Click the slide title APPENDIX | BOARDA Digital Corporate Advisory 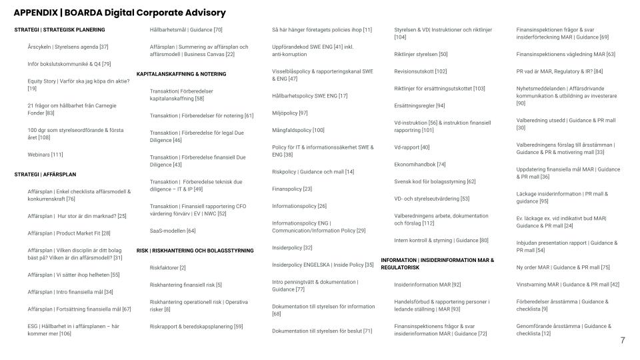(x=119, y=13)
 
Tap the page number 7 (x=623, y=341)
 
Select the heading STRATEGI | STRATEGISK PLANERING (x=59, y=30)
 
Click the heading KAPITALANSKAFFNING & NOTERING (x=181, y=74)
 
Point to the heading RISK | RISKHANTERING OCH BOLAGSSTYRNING (x=195, y=251)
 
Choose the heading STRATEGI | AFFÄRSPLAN (x=45, y=175)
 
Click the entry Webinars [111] (x=45, y=155)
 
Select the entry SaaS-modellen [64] (x=173, y=231)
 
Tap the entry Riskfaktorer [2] (x=168, y=267)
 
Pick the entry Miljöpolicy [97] (x=290, y=113)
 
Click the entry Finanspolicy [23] (x=292, y=189)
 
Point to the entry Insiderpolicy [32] (x=292, y=247)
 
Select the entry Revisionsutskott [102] (x=421, y=71)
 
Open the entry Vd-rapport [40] (x=412, y=147)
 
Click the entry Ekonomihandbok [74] (x=420, y=164)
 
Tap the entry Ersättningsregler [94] (x=419, y=105)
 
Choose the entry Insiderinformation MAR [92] (x=427, y=285)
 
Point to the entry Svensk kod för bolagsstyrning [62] (x=435, y=181)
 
